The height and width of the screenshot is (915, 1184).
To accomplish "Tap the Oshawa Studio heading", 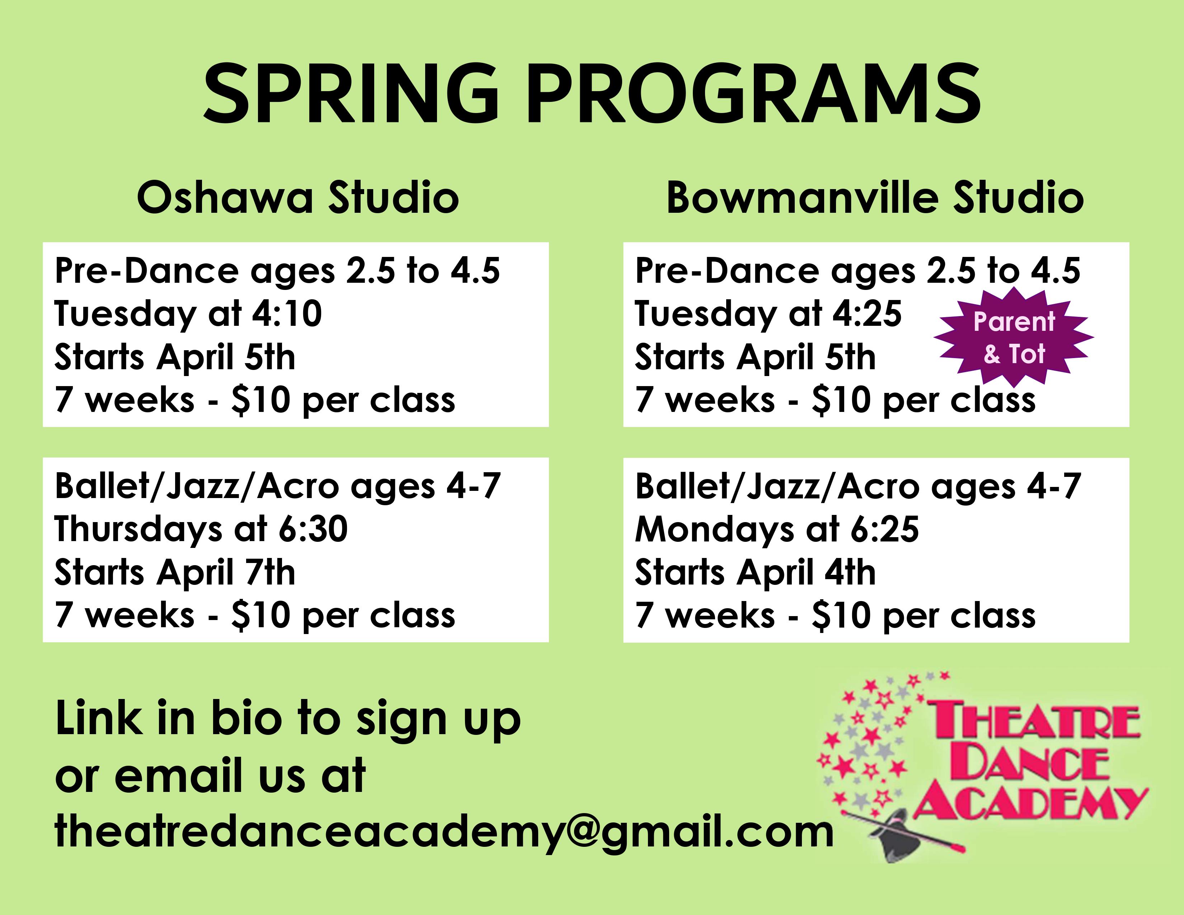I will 298,198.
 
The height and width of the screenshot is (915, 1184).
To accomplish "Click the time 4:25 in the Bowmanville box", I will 867,314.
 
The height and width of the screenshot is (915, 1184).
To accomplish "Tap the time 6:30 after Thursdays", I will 313,530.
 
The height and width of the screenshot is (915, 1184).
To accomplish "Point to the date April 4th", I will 806,573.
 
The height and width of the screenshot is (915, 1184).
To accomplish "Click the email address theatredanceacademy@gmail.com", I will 445,832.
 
